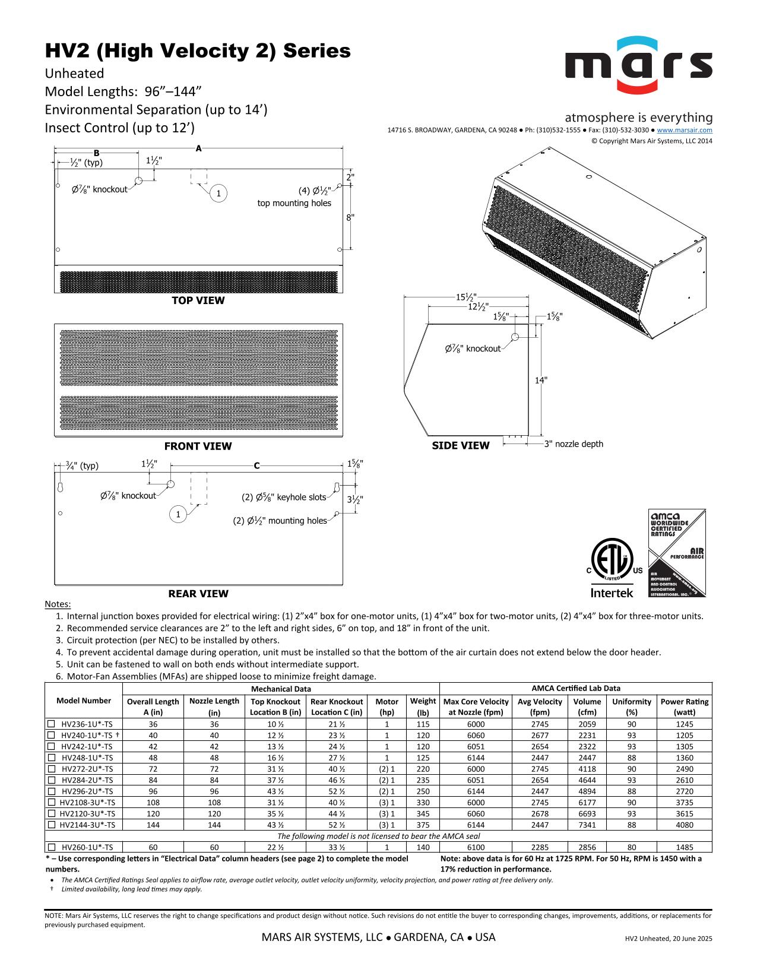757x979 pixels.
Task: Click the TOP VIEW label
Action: [x=198, y=300]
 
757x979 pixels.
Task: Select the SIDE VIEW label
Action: [x=461, y=446]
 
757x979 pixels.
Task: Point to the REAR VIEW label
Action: [x=198, y=594]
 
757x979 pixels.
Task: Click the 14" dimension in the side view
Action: [x=541, y=380]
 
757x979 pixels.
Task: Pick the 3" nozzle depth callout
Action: [x=574, y=444]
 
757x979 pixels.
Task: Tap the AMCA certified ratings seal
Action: [x=677, y=553]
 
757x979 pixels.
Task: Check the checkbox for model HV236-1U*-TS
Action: [x=51, y=724]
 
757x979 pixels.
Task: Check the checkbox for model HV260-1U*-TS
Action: [x=51, y=848]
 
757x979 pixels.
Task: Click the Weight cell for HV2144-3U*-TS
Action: [x=423, y=825]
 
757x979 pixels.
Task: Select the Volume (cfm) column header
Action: [x=587, y=707]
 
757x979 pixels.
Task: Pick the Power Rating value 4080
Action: [x=684, y=825]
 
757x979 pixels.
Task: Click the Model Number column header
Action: [x=83, y=701]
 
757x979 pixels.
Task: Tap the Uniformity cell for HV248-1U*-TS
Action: [x=631, y=758]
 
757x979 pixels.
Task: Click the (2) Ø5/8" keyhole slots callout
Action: [x=284, y=498]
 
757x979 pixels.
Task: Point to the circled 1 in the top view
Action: [x=218, y=194]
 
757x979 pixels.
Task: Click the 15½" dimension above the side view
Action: [x=466, y=297]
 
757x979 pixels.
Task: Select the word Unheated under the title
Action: [x=75, y=74]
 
